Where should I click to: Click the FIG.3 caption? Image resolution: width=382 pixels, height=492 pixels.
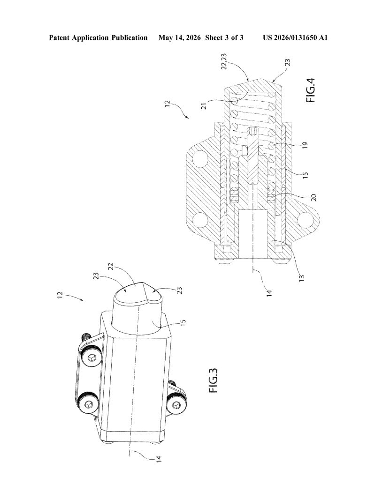pyautogui.click(x=214, y=380)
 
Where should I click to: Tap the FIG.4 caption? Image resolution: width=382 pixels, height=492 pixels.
pyautogui.click(x=311, y=90)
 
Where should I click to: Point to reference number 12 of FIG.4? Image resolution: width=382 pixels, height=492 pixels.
pyautogui.click(x=168, y=103)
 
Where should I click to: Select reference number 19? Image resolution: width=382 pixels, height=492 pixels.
pyautogui.click(x=306, y=145)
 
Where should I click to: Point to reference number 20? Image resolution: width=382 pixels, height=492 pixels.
pyautogui.click(x=313, y=198)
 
